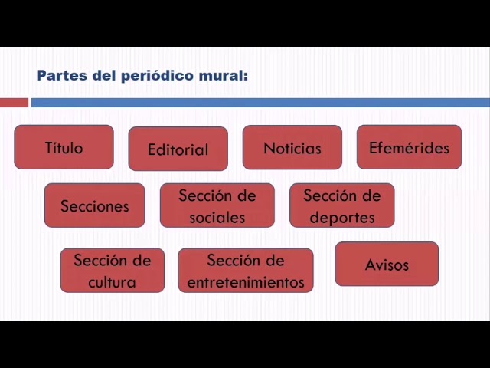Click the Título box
point(64,147)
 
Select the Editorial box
point(178,149)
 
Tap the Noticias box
point(292,147)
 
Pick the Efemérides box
point(409,147)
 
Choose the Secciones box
point(94,205)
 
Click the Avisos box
point(387,264)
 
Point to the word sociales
point(217,217)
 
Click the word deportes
point(341,217)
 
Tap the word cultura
point(112,281)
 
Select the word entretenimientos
point(245,281)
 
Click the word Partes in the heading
point(57,75)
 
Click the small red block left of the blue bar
point(14,102)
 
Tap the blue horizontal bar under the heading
point(260,102)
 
